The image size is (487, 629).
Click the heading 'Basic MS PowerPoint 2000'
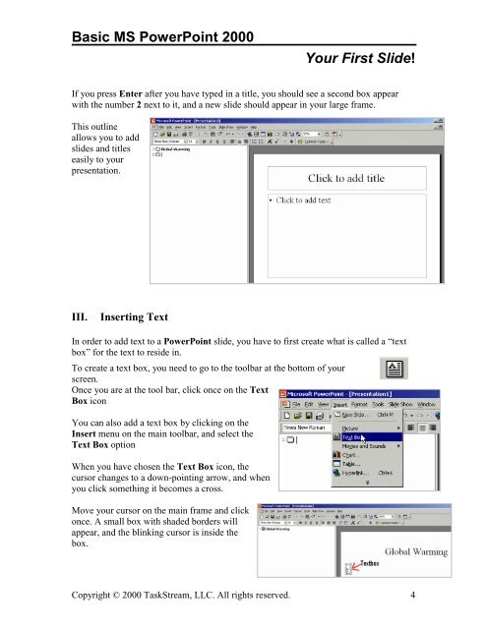click(157, 37)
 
